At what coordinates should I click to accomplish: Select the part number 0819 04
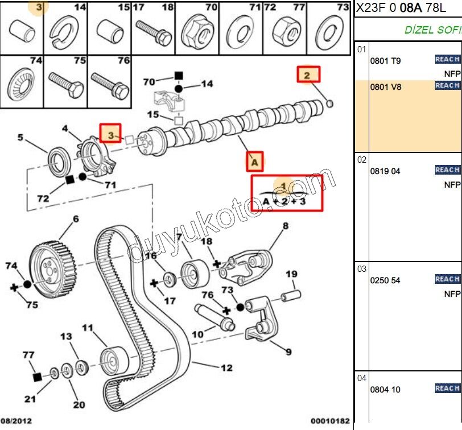pyautogui.click(x=385, y=171)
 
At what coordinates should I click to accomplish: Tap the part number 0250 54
pyautogui.click(x=385, y=280)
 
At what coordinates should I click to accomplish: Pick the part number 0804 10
pyautogui.click(x=385, y=390)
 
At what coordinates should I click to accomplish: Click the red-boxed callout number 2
pyautogui.click(x=308, y=75)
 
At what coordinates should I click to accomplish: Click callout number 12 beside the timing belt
pyautogui.click(x=226, y=368)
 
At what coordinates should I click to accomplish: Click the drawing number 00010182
pyautogui.click(x=330, y=421)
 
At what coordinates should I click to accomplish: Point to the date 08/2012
pyautogui.click(x=16, y=421)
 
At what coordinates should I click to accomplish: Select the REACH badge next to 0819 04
pyautogui.click(x=447, y=169)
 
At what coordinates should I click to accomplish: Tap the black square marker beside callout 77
pyautogui.click(x=37, y=377)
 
